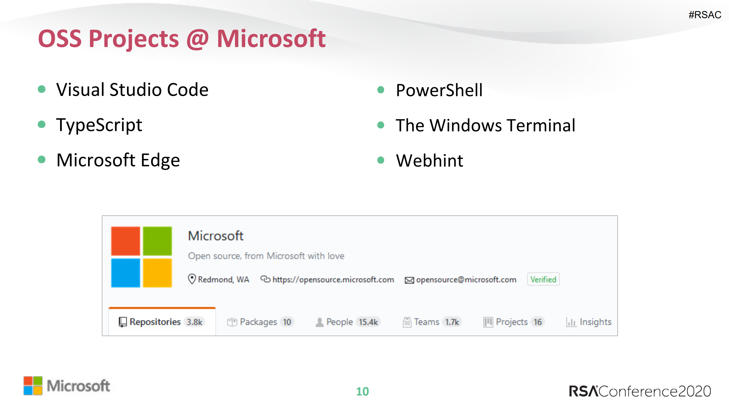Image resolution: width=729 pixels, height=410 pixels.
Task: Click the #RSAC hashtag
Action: click(705, 15)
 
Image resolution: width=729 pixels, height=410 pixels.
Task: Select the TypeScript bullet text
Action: click(99, 125)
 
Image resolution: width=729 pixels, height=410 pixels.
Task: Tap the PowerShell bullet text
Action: click(439, 90)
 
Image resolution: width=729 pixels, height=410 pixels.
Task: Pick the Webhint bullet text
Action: click(429, 160)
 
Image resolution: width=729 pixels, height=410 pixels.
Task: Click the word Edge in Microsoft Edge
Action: click(160, 160)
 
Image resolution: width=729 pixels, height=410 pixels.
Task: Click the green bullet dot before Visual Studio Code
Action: click(42, 89)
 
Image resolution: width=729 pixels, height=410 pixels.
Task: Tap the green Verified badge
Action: click(543, 279)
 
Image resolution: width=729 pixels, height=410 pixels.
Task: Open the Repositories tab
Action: click(155, 322)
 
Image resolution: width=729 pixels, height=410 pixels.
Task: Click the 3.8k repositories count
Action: click(194, 322)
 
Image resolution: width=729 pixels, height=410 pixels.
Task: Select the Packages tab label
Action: click(258, 322)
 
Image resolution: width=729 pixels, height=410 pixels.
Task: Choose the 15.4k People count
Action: click(368, 322)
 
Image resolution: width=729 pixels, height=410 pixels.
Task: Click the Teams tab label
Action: click(426, 322)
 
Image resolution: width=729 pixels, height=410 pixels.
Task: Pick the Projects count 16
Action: click(538, 322)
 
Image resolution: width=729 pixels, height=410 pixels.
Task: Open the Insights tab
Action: click(595, 322)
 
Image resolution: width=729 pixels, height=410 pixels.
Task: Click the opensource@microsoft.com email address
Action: click(466, 280)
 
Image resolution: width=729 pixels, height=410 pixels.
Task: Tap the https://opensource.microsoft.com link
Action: click(333, 280)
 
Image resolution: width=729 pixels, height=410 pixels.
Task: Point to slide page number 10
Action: click(362, 391)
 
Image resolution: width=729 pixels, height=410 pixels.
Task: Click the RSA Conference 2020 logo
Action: click(640, 391)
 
